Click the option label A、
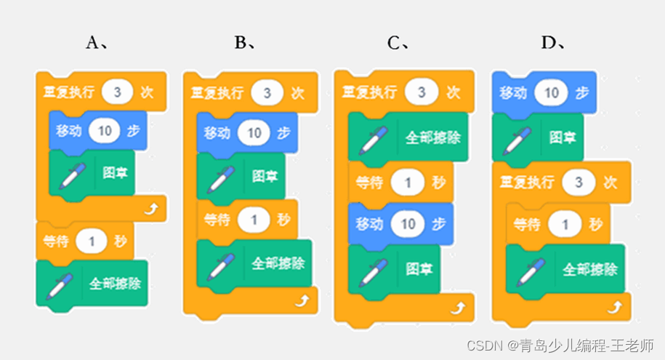click(x=97, y=43)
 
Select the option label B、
click(x=245, y=43)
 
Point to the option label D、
click(x=553, y=43)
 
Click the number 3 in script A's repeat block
click(x=117, y=92)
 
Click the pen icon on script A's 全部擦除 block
click(x=60, y=284)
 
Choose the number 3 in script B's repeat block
click(x=266, y=93)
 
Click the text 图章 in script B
click(x=263, y=176)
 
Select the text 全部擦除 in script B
click(x=276, y=263)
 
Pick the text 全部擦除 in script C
click(x=432, y=137)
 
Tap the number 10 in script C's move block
click(x=408, y=224)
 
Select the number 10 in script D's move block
click(x=551, y=92)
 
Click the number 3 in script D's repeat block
click(x=579, y=182)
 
